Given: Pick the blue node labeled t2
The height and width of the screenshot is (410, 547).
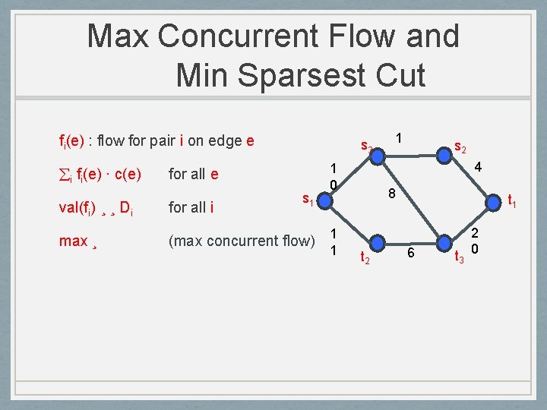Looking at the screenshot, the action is [377, 244].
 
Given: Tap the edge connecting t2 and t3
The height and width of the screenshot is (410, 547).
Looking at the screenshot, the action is [411, 244].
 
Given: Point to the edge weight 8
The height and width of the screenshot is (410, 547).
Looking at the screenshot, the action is [390, 194].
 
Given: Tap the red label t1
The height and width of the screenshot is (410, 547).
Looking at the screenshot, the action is [513, 203].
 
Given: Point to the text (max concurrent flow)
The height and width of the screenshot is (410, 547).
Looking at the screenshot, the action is [242, 241].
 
